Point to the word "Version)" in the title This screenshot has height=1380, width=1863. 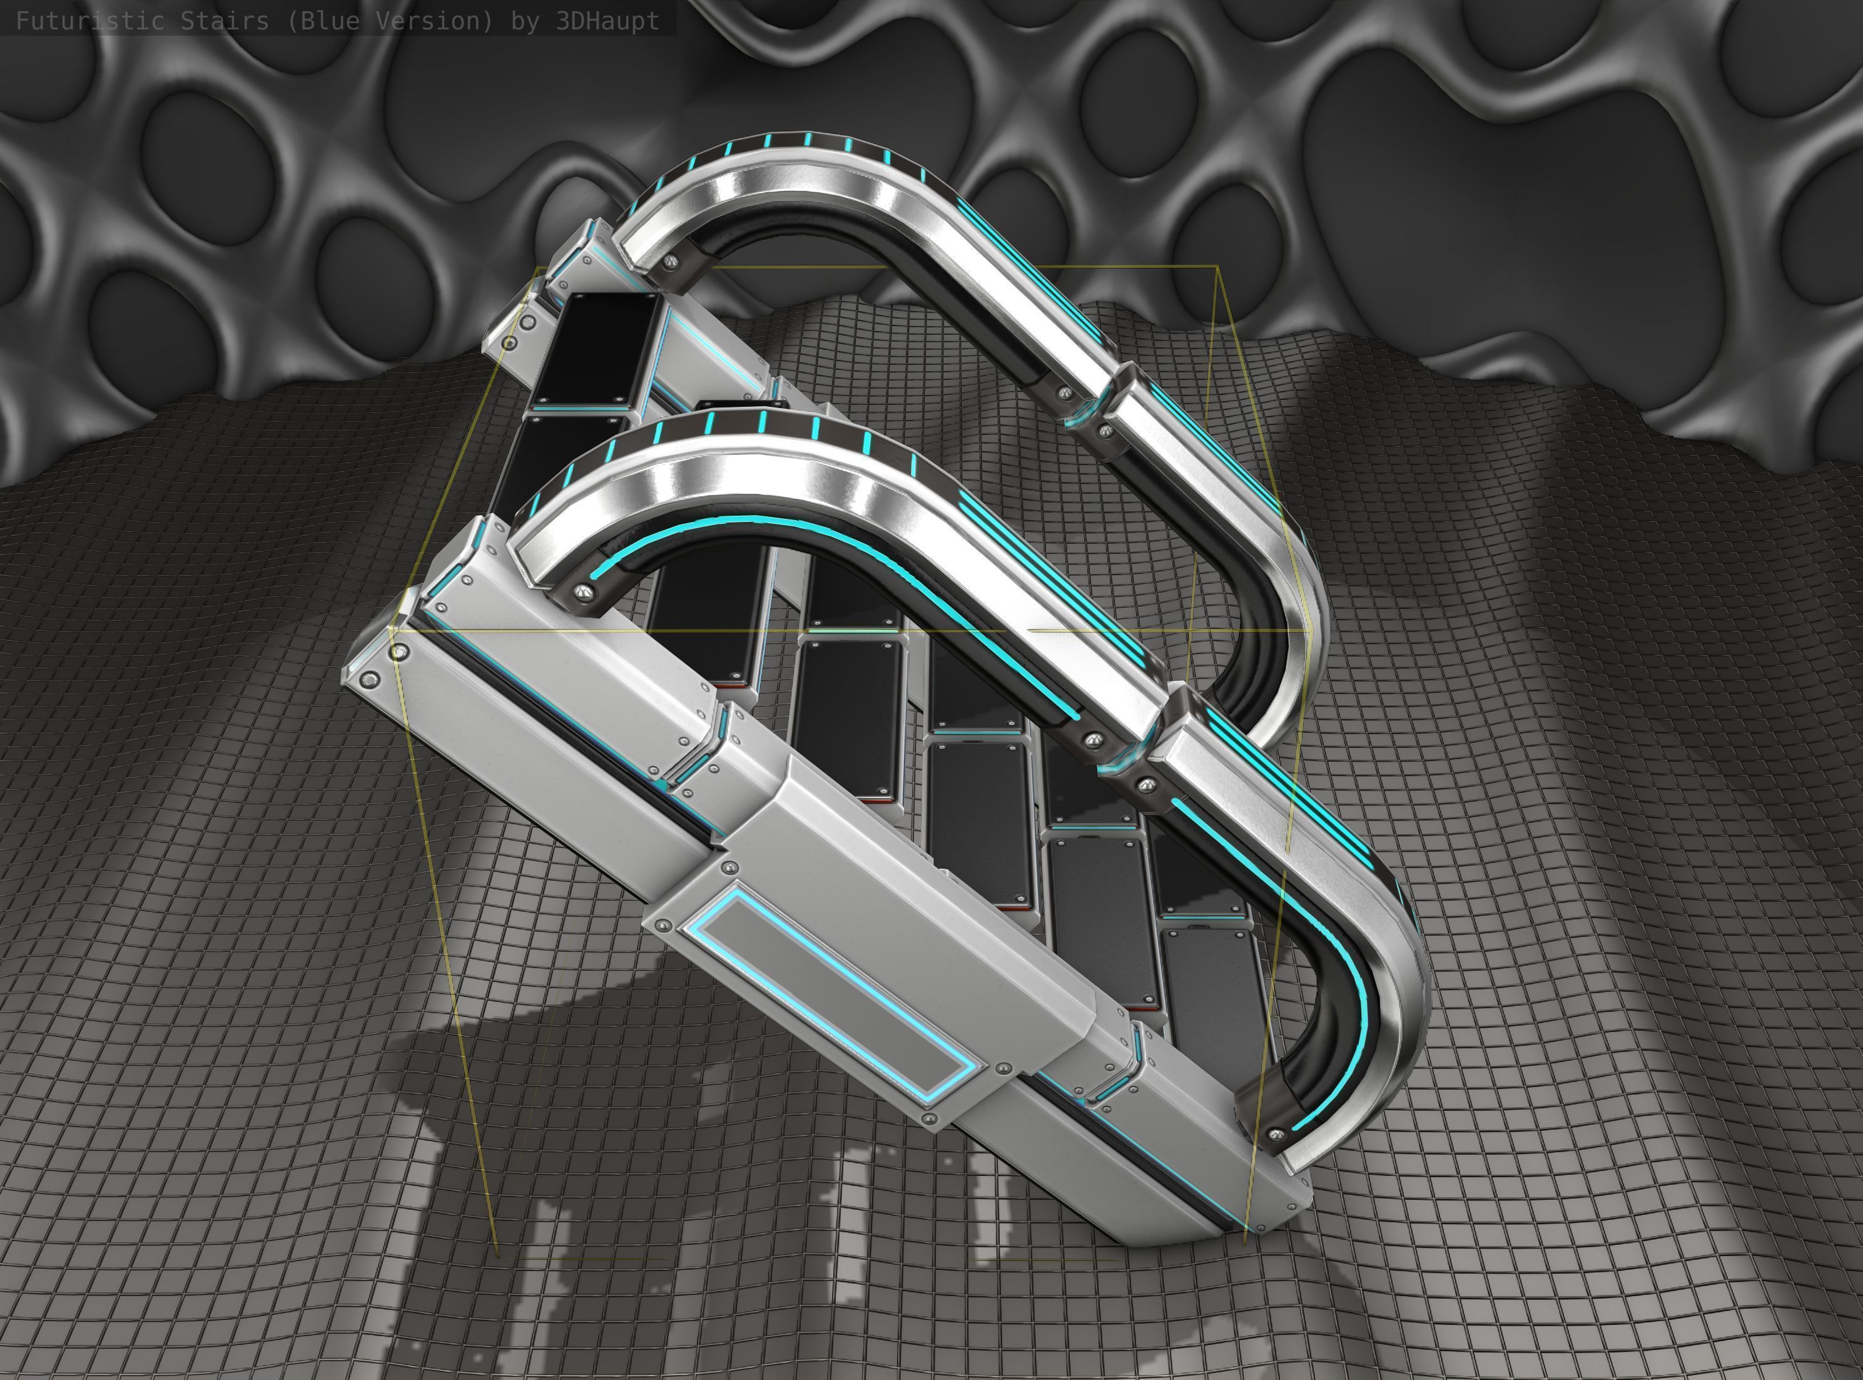click(432, 21)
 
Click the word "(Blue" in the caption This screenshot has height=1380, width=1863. click(325, 21)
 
